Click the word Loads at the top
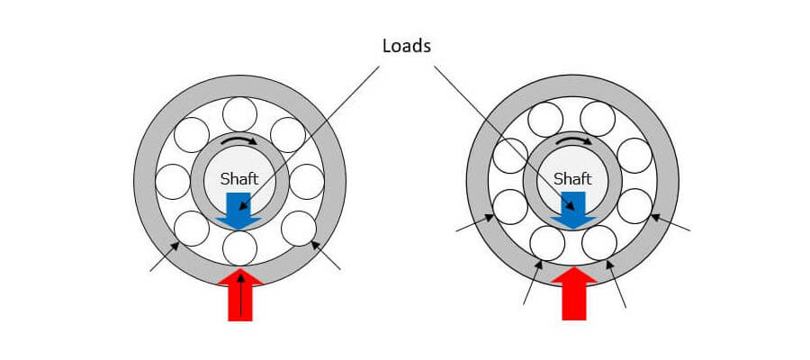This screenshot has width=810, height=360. click(x=407, y=47)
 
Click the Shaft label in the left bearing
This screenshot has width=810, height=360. click(x=239, y=179)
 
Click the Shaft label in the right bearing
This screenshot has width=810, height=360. click(x=572, y=179)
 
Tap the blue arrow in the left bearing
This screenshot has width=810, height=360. click(x=238, y=211)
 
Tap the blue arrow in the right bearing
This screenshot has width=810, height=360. click(x=573, y=211)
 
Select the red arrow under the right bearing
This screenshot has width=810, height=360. click(x=574, y=293)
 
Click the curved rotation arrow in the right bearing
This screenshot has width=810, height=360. click(x=573, y=139)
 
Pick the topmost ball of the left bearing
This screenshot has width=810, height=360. click(x=239, y=114)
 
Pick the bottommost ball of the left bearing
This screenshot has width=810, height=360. click(x=239, y=247)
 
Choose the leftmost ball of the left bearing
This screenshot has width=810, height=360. click(x=173, y=182)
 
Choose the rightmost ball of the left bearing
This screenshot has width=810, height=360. click(x=307, y=182)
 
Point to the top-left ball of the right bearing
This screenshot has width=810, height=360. click(x=545, y=120)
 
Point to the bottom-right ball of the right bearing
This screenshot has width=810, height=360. click(x=599, y=243)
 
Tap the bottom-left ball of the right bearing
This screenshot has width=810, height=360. click(x=547, y=243)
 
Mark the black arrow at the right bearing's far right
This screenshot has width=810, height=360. click(x=670, y=222)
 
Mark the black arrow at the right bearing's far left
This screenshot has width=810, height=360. click(x=474, y=223)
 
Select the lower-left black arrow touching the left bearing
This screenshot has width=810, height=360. click(x=165, y=256)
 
